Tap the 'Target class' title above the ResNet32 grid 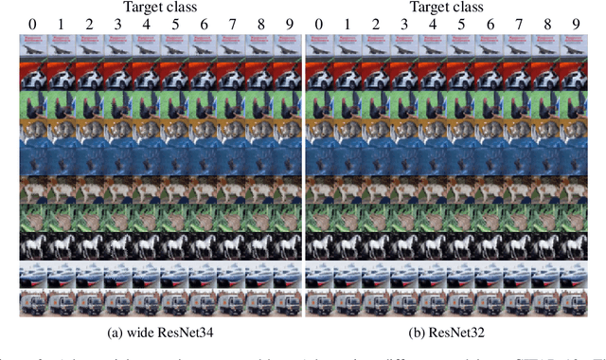(x=447, y=8)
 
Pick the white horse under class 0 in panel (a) (x=31, y=246)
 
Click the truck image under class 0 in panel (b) (x=319, y=303)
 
